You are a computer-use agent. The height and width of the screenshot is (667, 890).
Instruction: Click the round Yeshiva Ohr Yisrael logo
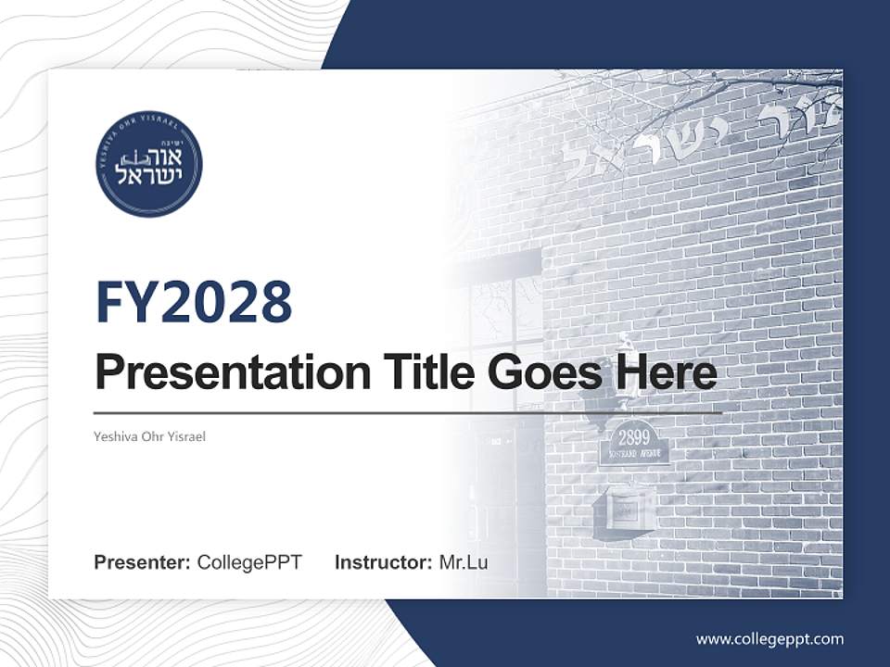[x=148, y=165]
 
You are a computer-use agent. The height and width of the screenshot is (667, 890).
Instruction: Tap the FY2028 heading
[x=194, y=302]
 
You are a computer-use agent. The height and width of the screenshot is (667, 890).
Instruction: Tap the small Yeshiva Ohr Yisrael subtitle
[x=149, y=436]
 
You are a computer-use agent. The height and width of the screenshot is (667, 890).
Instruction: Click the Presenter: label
[x=143, y=562]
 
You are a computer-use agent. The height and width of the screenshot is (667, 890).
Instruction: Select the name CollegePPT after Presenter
[x=249, y=562]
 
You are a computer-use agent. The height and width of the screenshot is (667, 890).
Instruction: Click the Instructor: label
[x=383, y=562]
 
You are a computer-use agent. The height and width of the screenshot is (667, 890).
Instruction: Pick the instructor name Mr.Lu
[x=464, y=562]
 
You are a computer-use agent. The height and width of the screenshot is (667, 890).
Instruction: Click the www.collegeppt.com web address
[x=769, y=638]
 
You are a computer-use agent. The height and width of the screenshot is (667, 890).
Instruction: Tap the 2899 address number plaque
[x=634, y=438]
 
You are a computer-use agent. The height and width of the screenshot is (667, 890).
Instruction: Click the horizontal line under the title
[x=408, y=412]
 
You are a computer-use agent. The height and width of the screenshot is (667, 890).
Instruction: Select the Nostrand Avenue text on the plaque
[x=634, y=455]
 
